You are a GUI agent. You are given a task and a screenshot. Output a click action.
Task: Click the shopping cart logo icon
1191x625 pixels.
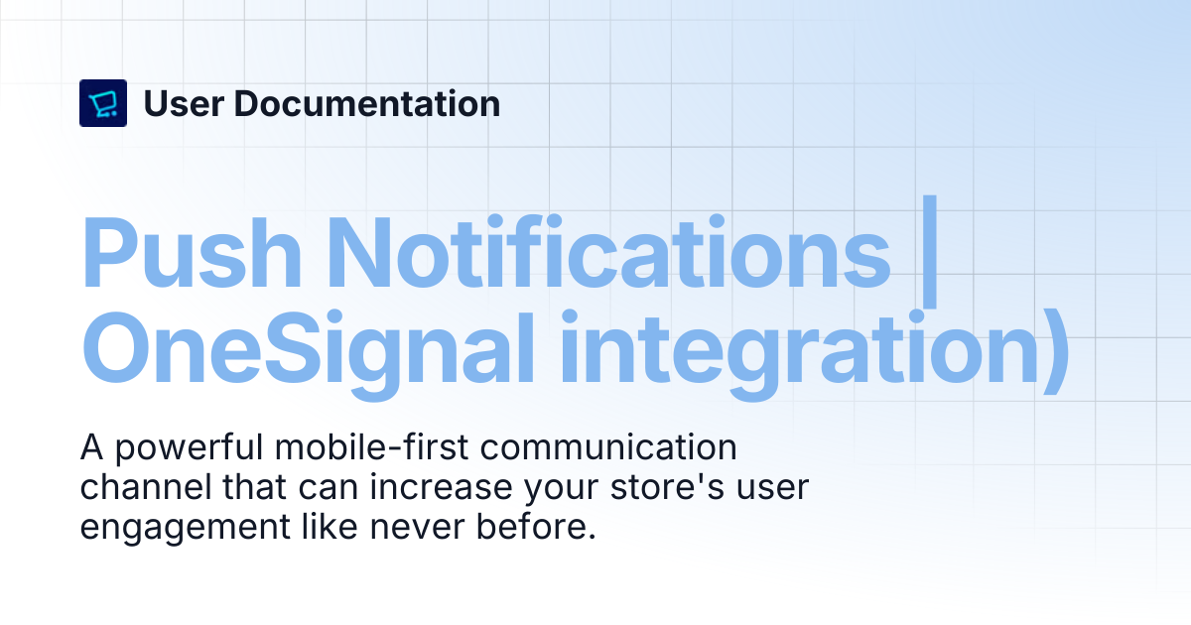pyautogui.click(x=103, y=103)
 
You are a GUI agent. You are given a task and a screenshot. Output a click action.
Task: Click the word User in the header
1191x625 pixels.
pyautogui.click(x=184, y=103)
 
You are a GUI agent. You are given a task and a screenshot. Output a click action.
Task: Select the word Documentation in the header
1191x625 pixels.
pyautogui.click(x=367, y=103)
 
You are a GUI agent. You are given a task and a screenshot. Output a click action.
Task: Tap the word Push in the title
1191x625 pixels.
pyautogui.click(x=192, y=252)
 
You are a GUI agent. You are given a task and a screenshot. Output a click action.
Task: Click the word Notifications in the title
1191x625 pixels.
pyautogui.click(x=608, y=252)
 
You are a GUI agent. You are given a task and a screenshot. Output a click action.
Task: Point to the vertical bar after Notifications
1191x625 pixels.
pyautogui.click(x=929, y=251)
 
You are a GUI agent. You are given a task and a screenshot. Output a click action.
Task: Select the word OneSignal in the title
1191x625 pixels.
pyautogui.click(x=308, y=351)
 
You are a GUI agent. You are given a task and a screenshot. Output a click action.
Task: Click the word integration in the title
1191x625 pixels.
pyautogui.click(x=799, y=351)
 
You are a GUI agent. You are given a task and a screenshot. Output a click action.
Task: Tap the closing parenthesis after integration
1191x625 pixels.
pyautogui.click(x=1056, y=352)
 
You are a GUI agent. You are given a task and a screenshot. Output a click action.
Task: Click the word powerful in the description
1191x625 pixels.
pyautogui.click(x=189, y=448)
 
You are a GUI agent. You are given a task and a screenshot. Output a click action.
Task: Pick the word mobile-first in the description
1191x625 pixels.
pyautogui.click(x=371, y=447)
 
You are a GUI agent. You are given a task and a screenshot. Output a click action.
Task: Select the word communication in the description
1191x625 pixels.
pyautogui.click(x=608, y=447)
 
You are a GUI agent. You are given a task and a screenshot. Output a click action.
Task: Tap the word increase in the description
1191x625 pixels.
pyautogui.click(x=441, y=487)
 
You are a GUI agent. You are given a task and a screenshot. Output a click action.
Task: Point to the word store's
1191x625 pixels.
pyautogui.click(x=667, y=487)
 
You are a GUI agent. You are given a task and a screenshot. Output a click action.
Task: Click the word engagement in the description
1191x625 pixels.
pyautogui.click(x=185, y=528)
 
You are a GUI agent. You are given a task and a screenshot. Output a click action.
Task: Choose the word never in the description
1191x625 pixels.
pyautogui.click(x=417, y=528)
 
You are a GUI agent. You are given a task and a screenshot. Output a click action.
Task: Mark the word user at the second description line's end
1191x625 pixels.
pyautogui.click(x=772, y=488)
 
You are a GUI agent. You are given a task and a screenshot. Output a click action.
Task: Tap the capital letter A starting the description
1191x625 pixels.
pyautogui.click(x=91, y=447)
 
